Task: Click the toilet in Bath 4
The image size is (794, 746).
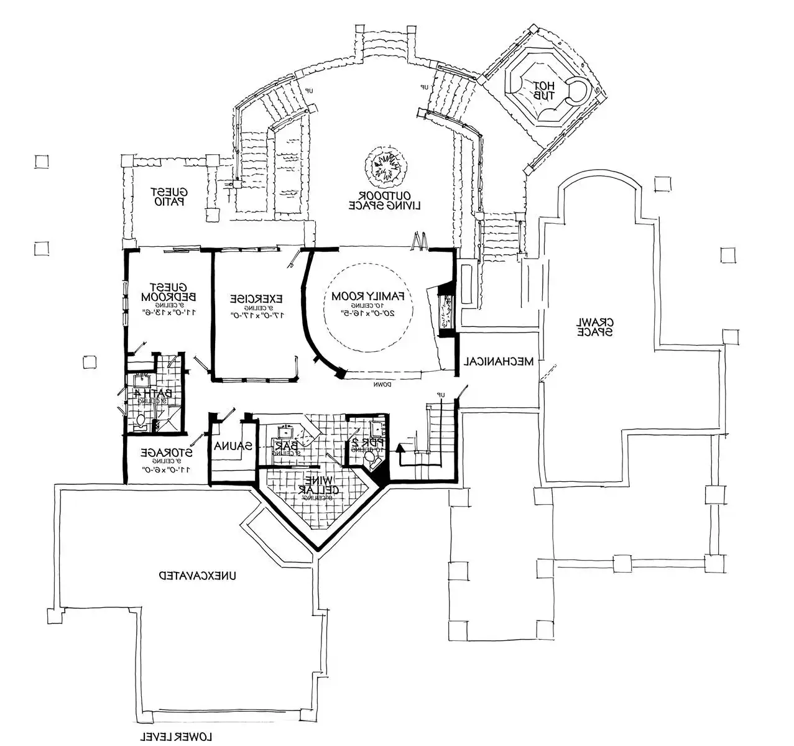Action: (142, 422)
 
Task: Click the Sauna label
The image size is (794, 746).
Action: (233, 446)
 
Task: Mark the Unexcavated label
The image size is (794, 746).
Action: (198, 576)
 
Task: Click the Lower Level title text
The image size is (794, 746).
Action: (175, 737)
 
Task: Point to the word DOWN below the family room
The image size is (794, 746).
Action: (382, 385)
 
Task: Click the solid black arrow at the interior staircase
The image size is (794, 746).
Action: (400, 448)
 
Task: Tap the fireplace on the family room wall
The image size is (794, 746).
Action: (446, 313)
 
